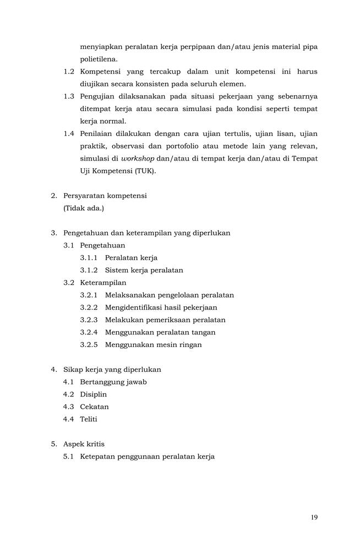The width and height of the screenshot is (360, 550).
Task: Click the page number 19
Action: coord(314,517)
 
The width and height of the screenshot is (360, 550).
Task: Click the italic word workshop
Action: coord(138,158)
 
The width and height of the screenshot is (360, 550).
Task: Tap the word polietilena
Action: coord(99,59)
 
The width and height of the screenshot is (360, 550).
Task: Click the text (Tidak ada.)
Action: coord(84,208)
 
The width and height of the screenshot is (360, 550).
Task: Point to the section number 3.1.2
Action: coord(89,270)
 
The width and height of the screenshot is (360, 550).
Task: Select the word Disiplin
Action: coord(94,394)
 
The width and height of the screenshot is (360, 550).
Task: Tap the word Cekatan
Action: coord(95,407)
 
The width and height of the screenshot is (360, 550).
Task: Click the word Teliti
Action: coord(89,419)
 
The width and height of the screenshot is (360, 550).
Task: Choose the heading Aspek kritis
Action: coord(84,444)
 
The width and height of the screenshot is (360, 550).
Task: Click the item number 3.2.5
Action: coord(89,345)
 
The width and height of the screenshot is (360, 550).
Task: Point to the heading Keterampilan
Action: coord(103,283)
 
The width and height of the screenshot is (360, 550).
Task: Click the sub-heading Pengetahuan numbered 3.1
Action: coord(102,245)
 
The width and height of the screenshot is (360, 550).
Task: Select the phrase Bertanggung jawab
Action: coord(113,382)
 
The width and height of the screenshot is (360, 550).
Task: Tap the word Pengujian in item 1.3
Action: coord(98,96)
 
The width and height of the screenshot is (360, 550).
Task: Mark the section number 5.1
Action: coord(69,457)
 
